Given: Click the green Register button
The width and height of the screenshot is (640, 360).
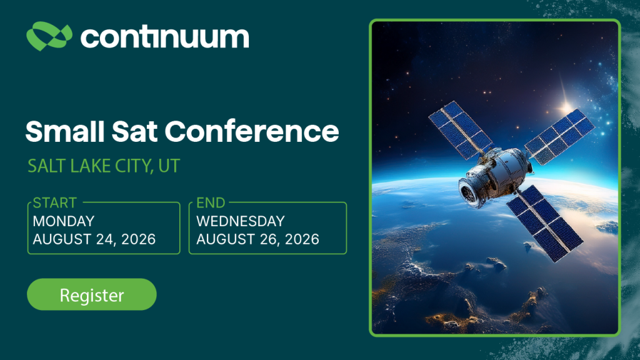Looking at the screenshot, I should [91, 294].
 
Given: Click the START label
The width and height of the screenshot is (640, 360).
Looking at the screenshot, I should [55, 203].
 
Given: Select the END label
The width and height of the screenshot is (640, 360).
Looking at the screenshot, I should [211, 203].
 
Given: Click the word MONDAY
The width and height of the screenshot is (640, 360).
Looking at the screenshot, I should [64, 221].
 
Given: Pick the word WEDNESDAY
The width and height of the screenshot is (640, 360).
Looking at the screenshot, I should [241, 221].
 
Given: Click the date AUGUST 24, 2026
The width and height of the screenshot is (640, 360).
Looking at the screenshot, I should [94, 239].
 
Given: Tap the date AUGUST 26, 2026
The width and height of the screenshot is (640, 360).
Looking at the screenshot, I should [258, 239].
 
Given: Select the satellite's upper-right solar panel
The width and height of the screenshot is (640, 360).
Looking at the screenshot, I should [559, 136].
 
